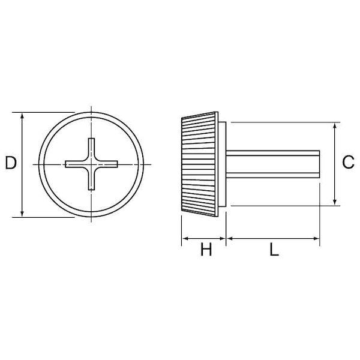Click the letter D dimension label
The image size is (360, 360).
click(11, 163)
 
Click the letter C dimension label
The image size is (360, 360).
click(348, 162)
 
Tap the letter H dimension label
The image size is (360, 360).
click(206, 250)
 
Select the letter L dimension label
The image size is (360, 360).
click(274, 250)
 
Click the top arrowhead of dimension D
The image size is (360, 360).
click(22, 116)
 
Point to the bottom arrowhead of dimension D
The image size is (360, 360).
click(22, 214)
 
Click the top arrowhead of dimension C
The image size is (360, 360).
click(335, 126)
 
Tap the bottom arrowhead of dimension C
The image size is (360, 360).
click(335, 202)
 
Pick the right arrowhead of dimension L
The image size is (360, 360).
click(316, 239)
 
